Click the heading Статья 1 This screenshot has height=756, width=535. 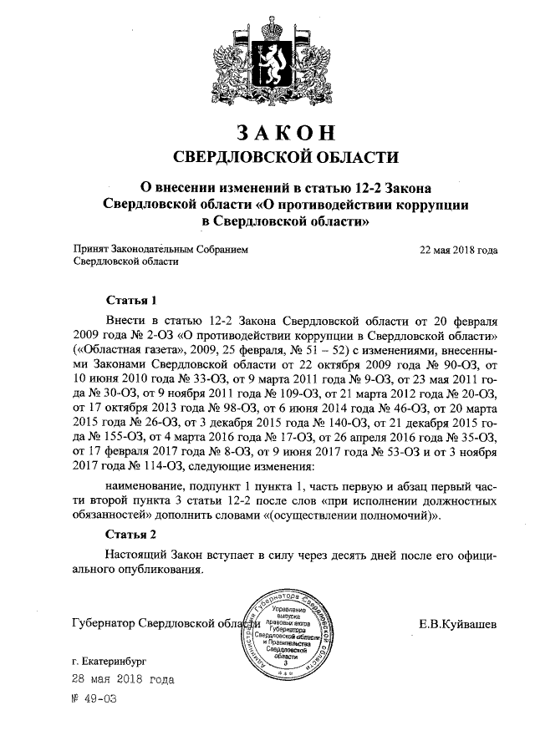(x=132, y=299)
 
